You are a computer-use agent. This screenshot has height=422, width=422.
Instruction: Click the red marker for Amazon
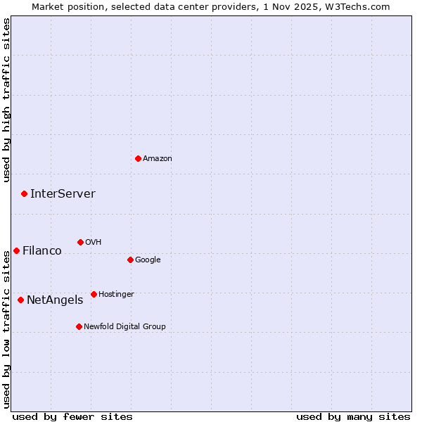coord(138,158)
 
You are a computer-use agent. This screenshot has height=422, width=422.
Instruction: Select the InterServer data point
coord(24,193)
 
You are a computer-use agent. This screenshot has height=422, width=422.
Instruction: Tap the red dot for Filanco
coord(16,250)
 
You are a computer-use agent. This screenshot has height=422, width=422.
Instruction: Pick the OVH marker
coord(80,242)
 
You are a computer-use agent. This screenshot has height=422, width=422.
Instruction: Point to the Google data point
coord(130,260)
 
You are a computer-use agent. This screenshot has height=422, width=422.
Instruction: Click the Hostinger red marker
coord(94,294)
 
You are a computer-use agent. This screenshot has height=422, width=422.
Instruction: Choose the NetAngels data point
coord(20,300)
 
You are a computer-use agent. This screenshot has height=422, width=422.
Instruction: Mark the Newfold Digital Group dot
coord(79,326)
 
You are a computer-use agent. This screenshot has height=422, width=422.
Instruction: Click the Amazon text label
coord(158,159)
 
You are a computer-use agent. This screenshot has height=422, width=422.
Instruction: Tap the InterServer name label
coord(63,194)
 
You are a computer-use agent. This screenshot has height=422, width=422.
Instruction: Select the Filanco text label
coord(42,251)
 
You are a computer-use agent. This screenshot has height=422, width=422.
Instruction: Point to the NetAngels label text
coord(55,300)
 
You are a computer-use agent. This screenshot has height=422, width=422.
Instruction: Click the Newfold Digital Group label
coord(124,326)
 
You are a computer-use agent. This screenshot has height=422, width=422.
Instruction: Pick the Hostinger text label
coord(116,294)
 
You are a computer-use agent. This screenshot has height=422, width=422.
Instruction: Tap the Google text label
coord(148,260)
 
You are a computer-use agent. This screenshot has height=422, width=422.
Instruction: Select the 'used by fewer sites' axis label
coord(72,416)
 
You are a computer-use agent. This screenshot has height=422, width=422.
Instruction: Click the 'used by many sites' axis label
coord(353,416)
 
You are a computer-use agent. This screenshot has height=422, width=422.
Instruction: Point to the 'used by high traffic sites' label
coord(7,100)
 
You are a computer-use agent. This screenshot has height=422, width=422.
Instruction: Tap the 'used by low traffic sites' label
coord(7,329)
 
